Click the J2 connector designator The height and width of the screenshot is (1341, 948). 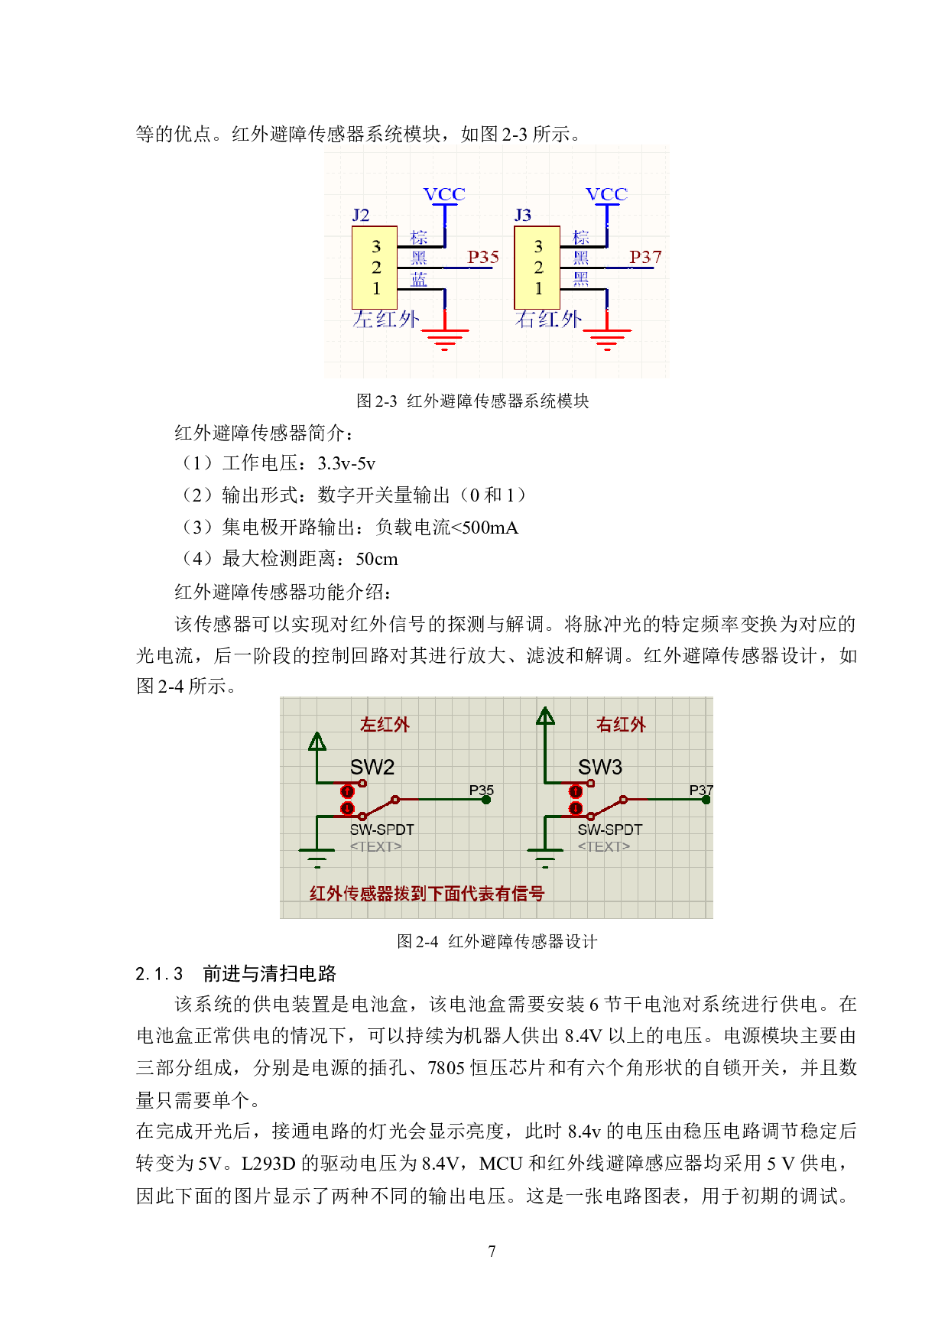(x=360, y=215)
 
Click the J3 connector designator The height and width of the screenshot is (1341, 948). (x=523, y=215)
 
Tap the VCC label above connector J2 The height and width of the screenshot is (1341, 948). (x=444, y=194)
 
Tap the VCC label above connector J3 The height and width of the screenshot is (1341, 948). (x=606, y=194)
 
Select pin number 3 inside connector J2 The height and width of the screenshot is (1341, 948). (x=376, y=246)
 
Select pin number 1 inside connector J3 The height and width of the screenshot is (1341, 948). (x=538, y=288)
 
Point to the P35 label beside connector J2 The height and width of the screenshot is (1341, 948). (x=483, y=257)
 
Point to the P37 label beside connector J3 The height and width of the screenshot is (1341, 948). (x=645, y=257)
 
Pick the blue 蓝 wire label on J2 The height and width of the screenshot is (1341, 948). (x=419, y=280)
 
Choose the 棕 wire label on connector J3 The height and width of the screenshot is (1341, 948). (x=581, y=237)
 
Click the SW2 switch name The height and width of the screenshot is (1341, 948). (x=372, y=767)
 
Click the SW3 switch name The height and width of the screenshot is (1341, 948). (x=600, y=767)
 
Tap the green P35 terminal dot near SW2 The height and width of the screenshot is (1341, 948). (x=486, y=800)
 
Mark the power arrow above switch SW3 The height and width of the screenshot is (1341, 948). (x=545, y=716)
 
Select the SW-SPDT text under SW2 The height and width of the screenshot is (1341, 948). (x=382, y=830)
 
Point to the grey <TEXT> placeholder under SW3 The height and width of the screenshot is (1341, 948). (x=604, y=846)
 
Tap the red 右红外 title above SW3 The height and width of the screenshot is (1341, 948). (x=621, y=724)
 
